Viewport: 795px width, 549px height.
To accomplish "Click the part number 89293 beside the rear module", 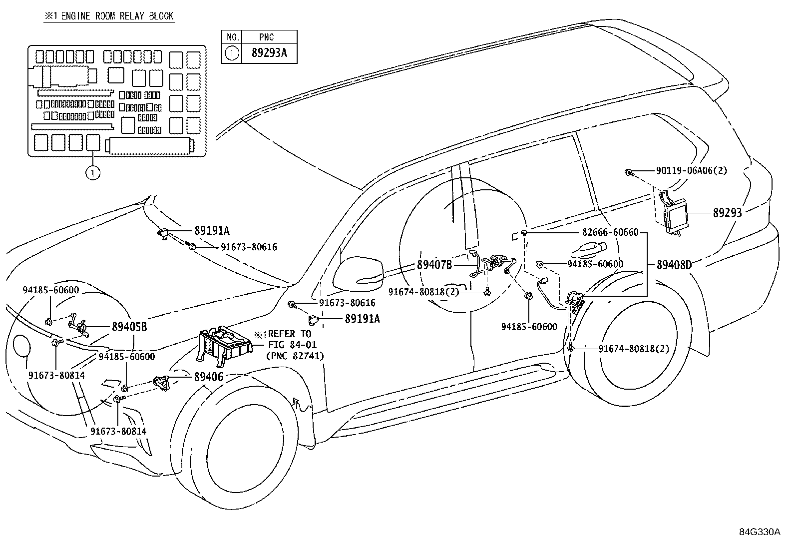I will click(727, 212).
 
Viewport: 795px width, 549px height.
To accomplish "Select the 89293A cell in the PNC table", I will click(269, 53).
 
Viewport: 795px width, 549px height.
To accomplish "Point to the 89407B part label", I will click(434, 265).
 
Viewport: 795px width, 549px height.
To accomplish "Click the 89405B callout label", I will click(129, 327).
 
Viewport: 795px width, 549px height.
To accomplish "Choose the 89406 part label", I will click(209, 377).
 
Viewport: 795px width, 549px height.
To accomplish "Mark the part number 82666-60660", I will click(610, 233).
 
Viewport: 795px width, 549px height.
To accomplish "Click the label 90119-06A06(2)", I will click(692, 171).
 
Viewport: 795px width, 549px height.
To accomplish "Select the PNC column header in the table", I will click(267, 37).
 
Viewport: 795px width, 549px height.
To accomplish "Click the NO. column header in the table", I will click(232, 37).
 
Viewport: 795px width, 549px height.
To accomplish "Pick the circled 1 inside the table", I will click(232, 53).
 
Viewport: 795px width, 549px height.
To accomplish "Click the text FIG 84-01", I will click(292, 345).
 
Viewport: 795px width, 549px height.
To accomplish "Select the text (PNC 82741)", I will click(296, 356).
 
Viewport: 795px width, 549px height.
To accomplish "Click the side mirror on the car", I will click(358, 273).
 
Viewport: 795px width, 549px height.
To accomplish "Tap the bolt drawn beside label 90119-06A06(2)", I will click(630, 173).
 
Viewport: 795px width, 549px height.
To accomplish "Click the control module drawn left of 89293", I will click(672, 212).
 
